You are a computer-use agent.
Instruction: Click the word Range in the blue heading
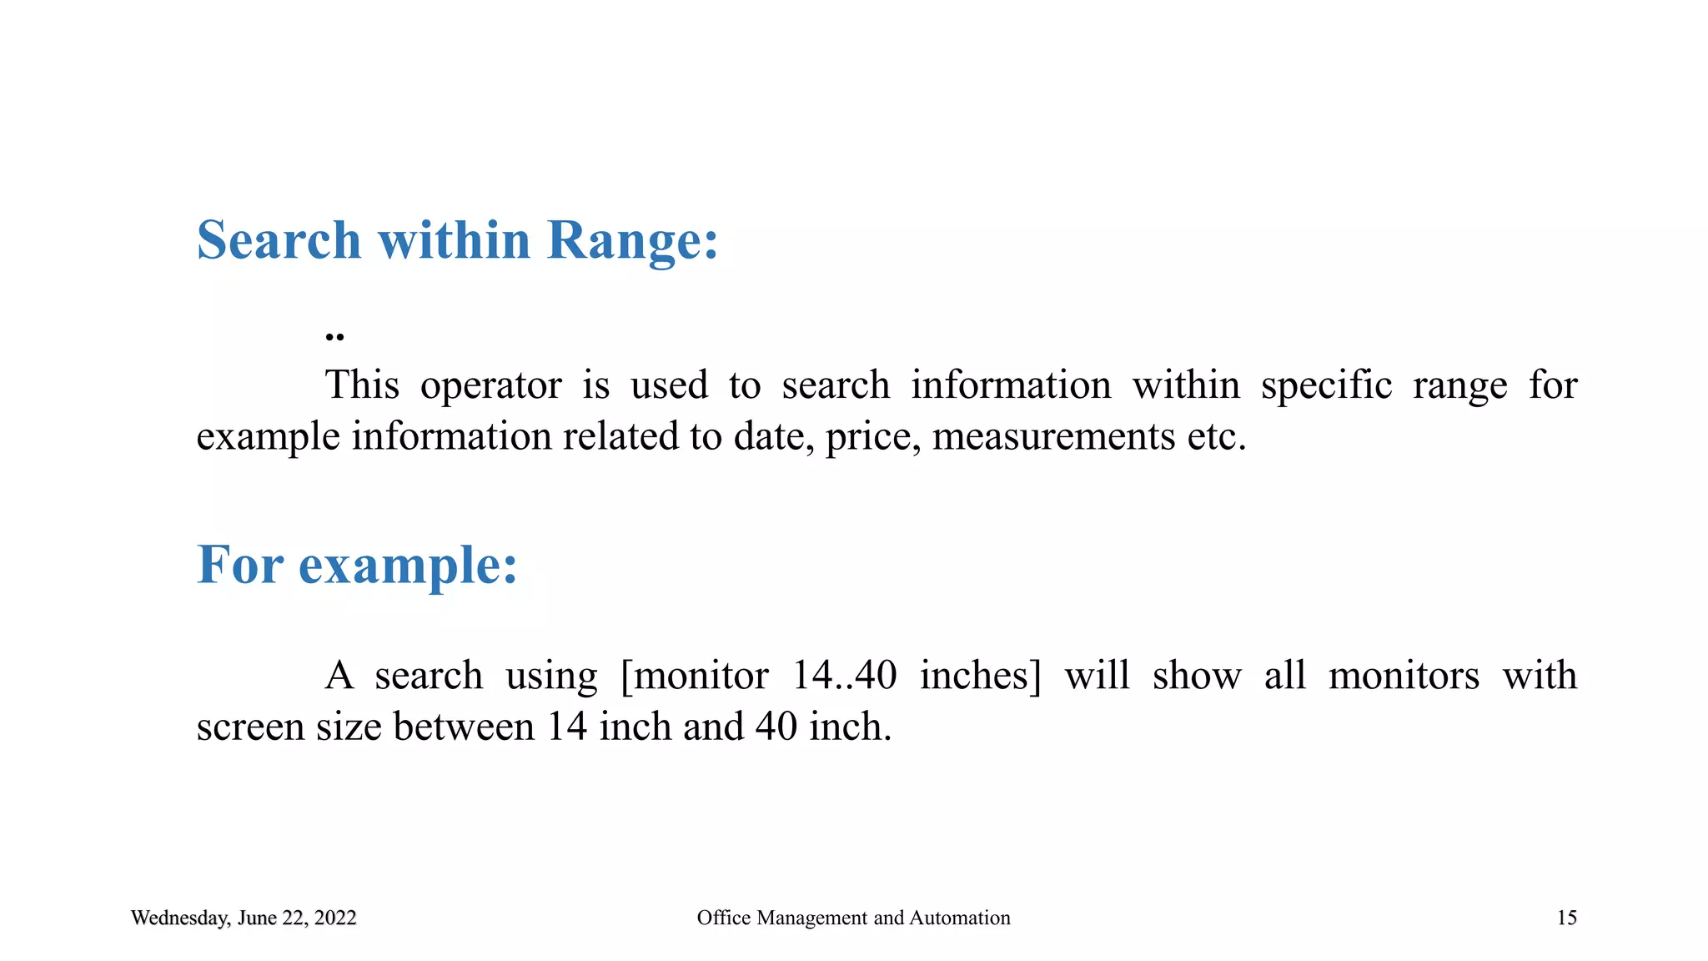(632, 241)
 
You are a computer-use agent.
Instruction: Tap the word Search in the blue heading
(279, 241)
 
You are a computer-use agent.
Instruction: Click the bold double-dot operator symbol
(334, 337)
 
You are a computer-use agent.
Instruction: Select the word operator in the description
(490, 386)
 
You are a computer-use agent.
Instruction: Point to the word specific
(1326, 386)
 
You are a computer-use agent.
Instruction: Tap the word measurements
(1053, 437)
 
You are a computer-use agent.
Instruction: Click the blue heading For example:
(357, 566)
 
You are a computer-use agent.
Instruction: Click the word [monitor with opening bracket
(695, 676)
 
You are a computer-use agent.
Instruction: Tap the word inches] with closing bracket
(981, 676)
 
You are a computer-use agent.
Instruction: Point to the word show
(1197, 676)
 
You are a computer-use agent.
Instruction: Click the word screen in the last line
(250, 727)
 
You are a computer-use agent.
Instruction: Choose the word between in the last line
(464, 727)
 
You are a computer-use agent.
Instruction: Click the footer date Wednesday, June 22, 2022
(244, 918)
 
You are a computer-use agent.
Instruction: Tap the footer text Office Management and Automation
(853, 918)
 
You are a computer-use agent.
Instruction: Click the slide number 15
(1567, 918)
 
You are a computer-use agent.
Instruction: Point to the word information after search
(1011, 386)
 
